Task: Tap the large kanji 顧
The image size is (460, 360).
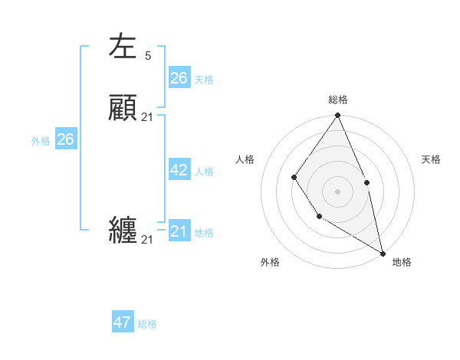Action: [123, 108]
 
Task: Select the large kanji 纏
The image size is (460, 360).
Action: [123, 231]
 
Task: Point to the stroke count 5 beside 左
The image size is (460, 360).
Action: [147, 55]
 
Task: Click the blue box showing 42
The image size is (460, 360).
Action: [179, 170]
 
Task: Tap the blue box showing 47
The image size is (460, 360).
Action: [123, 322]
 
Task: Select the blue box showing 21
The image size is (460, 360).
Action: [179, 231]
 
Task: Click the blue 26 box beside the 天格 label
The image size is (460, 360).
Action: [179, 77]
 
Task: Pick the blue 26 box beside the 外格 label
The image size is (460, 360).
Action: [65, 139]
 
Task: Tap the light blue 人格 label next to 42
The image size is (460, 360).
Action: [204, 172]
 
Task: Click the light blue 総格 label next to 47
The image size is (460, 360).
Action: [147, 324]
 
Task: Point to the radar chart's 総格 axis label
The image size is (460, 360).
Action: [338, 100]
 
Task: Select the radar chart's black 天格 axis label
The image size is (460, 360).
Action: [431, 159]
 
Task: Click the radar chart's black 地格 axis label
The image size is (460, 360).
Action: [402, 262]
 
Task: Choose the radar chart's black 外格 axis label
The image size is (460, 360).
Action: [270, 262]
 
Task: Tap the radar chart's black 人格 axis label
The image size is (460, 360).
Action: [245, 159]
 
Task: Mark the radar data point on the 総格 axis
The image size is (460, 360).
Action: [338, 116]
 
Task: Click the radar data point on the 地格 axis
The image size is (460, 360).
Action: [383, 253]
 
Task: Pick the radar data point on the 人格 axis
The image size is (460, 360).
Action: [294, 178]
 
